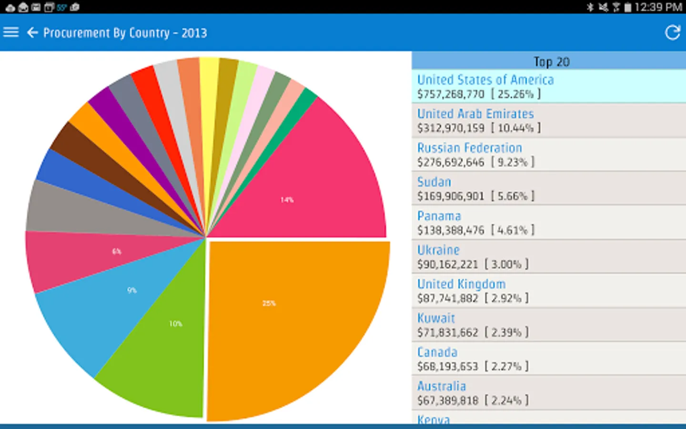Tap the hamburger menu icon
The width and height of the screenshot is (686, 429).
pyautogui.click(x=10, y=32)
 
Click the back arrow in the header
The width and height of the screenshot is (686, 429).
pyautogui.click(x=32, y=32)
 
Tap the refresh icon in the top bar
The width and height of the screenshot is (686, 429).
pyautogui.click(x=672, y=32)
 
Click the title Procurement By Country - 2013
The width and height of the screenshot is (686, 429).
pyautogui.click(x=125, y=33)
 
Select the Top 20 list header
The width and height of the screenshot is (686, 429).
pyautogui.click(x=551, y=61)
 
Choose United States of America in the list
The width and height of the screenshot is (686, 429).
pyautogui.click(x=485, y=80)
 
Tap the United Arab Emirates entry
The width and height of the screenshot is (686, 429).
pyautogui.click(x=475, y=114)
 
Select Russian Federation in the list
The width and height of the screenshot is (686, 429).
pyautogui.click(x=469, y=148)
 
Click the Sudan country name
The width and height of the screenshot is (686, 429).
pyautogui.click(x=434, y=182)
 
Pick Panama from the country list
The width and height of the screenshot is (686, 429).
pyautogui.click(x=439, y=216)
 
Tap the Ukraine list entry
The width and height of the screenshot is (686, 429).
pyautogui.click(x=438, y=250)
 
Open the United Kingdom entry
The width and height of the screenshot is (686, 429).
pyautogui.click(x=461, y=285)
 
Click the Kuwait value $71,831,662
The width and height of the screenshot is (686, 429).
pyautogui.click(x=447, y=332)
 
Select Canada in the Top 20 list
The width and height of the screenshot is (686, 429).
pyautogui.click(x=437, y=352)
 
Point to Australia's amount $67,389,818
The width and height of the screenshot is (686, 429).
pyautogui.click(x=447, y=400)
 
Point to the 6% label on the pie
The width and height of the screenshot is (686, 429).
pyautogui.click(x=117, y=251)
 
